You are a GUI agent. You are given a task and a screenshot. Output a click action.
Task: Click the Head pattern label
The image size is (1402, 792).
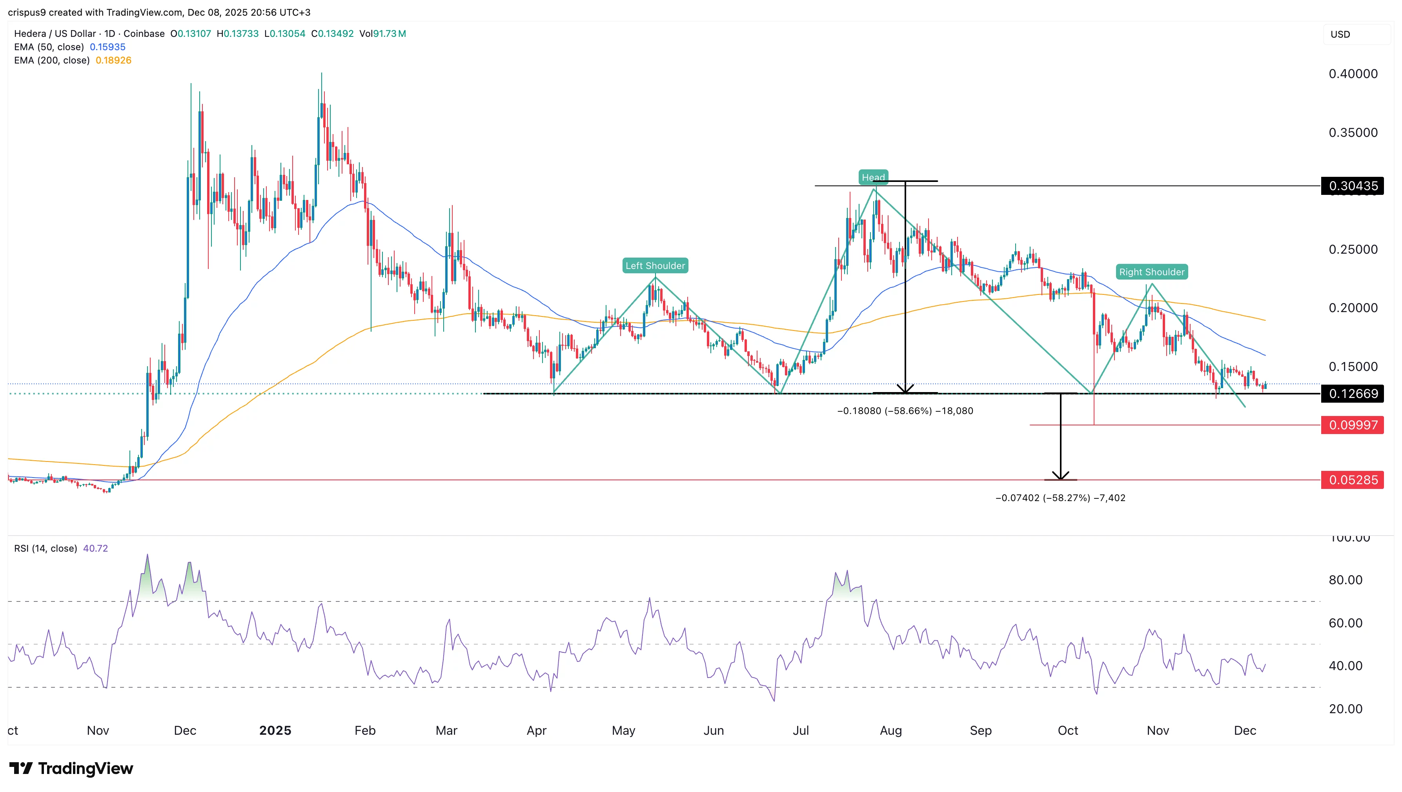pyautogui.click(x=873, y=177)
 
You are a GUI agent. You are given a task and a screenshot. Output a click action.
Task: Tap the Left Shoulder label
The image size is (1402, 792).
pyautogui.click(x=655, y=265)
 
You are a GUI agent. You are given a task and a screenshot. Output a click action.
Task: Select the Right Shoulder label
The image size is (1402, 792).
pyautogui.click(x=1151, y=272)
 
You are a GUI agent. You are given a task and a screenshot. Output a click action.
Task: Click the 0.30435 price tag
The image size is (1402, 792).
pyautogui.click(x=1353, y=186)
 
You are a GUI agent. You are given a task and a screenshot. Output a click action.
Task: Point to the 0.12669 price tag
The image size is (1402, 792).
pyautogui.click(x=1353, y=393)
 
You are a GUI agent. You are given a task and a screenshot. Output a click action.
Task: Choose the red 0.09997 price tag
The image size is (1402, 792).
pyautogui.click(x=1353, y=425)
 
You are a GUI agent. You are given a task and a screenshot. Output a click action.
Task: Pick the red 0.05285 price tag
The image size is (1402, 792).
pyautogui.click(x=1353, y=480)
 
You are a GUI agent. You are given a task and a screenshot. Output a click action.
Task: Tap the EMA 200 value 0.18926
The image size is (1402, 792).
pyautogui.click(x=113, y=60)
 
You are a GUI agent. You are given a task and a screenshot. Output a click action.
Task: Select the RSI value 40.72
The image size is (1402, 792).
pyautogui.click(x=95, y=548)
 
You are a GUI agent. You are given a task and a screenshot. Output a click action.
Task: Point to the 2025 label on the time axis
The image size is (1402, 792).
pyautogui.click(x=275, y=730)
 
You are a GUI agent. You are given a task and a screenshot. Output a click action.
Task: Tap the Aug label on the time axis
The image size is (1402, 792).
pyautogui.click(x=890, y=730)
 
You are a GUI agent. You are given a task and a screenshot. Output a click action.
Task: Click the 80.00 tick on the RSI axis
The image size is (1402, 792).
pyautogui.click(x=1346, y=580)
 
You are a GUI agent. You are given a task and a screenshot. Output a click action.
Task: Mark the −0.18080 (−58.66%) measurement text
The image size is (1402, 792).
pyautogui.click(x=905, y=411)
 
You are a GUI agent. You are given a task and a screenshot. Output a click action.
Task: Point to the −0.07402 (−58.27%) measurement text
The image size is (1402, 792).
pyautogui.click(x=1060, y=498)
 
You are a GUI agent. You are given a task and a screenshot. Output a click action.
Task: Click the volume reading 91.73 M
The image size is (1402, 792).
pyautogui.click(x=389, y=34)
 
